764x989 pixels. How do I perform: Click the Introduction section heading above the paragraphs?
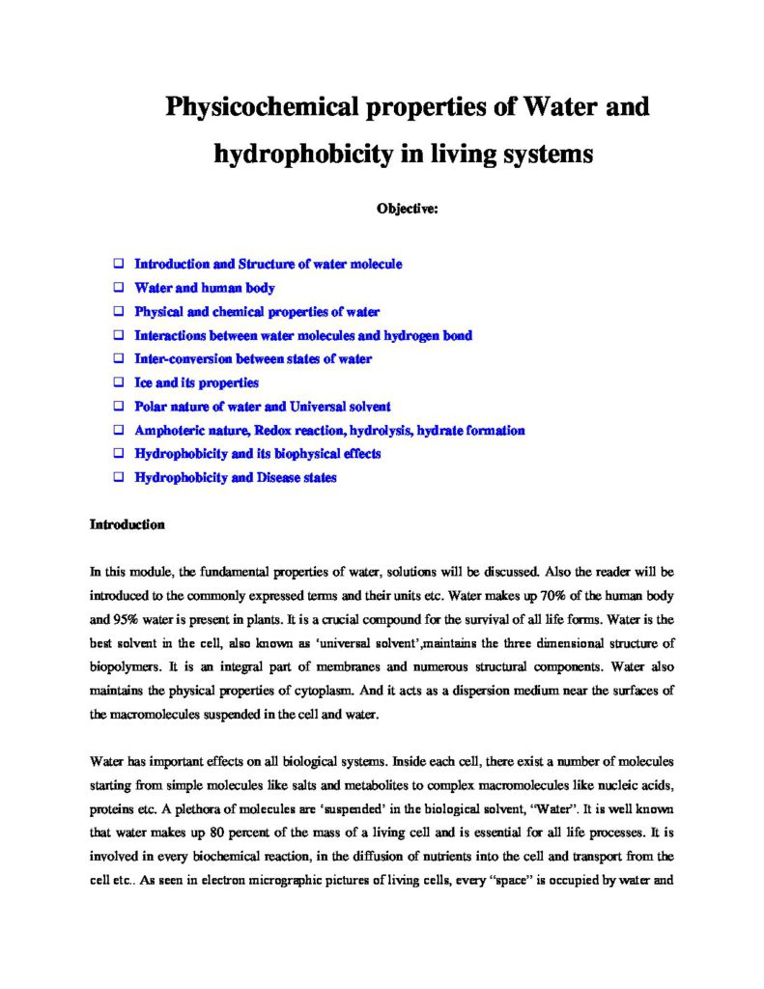[127, 525]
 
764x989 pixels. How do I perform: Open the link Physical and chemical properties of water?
[257, 312]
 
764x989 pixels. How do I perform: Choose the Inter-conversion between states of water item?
[253, 359]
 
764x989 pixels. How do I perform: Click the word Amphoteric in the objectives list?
[168, 431]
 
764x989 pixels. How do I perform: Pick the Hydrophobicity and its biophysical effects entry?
[258, 454]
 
